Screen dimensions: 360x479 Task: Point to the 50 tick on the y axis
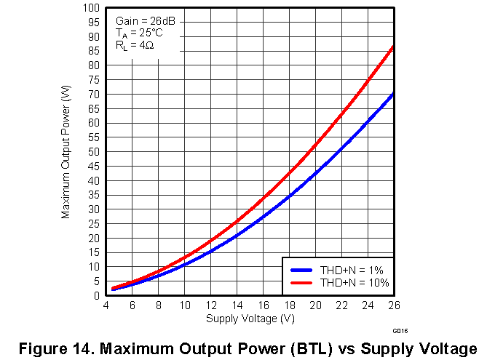95,152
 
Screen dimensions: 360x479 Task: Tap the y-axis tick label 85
95,51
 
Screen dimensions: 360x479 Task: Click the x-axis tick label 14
237,306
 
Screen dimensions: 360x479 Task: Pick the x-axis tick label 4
107,306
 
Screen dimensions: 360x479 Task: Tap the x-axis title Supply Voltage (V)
250,319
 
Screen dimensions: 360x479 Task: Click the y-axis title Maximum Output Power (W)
66,151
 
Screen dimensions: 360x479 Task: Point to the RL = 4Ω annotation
134,45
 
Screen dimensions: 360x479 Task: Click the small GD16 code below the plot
400,332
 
